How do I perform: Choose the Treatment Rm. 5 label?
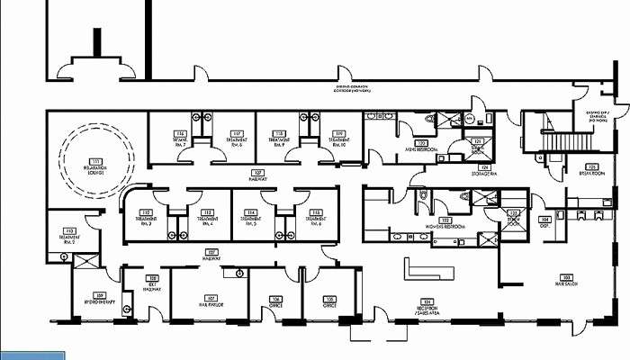[250, 217]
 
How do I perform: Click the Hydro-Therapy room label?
[100, 299]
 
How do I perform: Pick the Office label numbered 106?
[276, 301]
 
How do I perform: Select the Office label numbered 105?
[330, 301]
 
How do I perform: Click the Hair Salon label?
[566, 280]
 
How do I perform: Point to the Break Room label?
[592, 168]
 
